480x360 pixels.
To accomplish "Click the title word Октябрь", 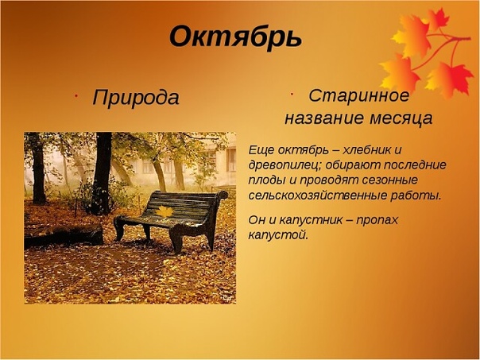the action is pyautogui.click(x=235, y=37).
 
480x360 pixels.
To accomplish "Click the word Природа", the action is pyautogui.click(x=136, y=98).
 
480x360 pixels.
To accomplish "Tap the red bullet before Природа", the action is pyautogui.click(x=75, y=95).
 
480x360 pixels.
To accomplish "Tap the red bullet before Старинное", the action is pyautogui.click(x=292, y=93).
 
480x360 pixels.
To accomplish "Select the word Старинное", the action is pyautogui.click(x=358, y=95).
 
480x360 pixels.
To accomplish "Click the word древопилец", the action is pyautogui.click(x=285, y=165).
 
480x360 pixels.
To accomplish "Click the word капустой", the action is pyautogui.click(x=278, y=235).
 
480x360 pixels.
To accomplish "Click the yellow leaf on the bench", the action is pyautogui.click(x=164, y=211).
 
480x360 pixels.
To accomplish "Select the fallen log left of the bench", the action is pyautogui.click(x=64, y=235).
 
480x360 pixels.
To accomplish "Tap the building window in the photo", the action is pyautogui.click(x=231, y=160).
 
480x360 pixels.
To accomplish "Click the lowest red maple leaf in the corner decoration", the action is pyautogui.click(x=449, y=79).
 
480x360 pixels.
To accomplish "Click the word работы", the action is pyautogui.click(x=416, y=195).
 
